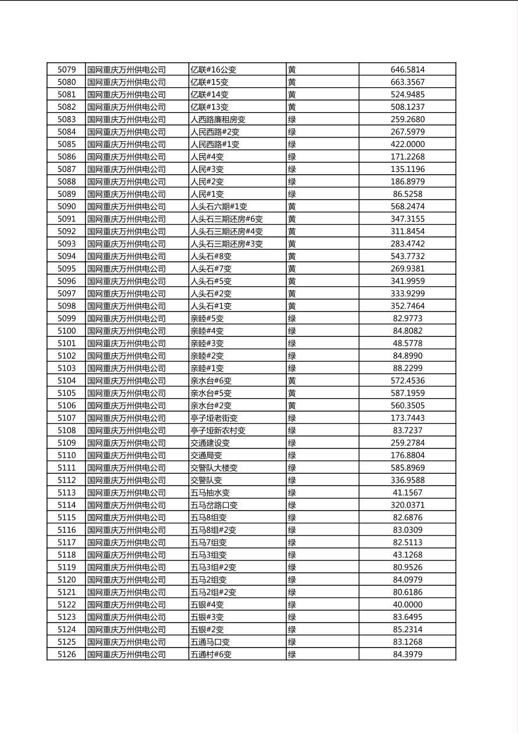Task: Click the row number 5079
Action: [x=66, y=70]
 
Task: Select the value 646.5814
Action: [x=407, y=70]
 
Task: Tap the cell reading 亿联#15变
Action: [x=210, y=82]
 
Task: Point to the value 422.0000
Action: [x=407, y=144]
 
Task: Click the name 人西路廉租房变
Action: [x=218, y=119]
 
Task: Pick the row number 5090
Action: [x=66, y=206]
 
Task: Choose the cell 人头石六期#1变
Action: [x=219, y=206]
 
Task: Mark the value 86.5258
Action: [x=407, y=194]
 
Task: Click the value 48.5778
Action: [x=407, y=343]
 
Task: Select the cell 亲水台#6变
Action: [x=211, y=380]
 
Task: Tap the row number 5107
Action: [x=66, y=418]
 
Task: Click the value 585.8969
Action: [x=407, y=468]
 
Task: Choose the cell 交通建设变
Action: [x=210, y=443]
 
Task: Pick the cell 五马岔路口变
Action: [x=214, y=505]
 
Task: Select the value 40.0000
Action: [x=407, y=605]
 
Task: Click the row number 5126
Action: [x=66, y=655]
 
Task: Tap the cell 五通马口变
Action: [x=210, y=642]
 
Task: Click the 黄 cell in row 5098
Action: [x=292, y=306]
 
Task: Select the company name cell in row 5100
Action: [x=127, y=331]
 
